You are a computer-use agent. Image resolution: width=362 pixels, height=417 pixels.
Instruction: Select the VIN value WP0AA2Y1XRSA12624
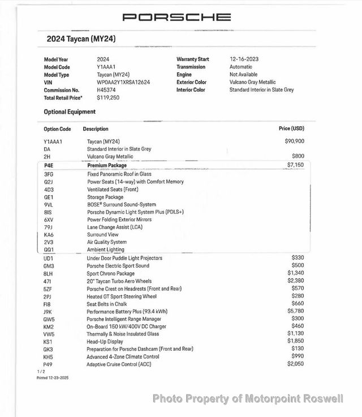pyautogui.click(x=124, y=82)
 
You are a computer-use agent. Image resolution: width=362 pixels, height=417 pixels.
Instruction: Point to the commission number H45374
pyautogui.click(x=107, y=90)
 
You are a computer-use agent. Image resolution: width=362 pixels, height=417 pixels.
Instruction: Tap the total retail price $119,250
pyautogui.click(x=108, y=98)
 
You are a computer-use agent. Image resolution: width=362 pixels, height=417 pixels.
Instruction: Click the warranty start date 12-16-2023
pyautogui.click(x=245, y=59)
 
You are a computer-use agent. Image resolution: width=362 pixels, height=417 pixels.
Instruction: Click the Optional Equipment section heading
pyautogui.click(x=70, y=112)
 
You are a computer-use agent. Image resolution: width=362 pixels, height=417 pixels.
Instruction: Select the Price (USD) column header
pyautogui.click(x=291, y=129)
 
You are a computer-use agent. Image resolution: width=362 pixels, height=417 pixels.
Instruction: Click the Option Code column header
pyautogui.click(x=57, y=130)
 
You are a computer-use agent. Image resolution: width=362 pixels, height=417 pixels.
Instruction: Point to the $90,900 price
pyautogui.click(x=294, y=141)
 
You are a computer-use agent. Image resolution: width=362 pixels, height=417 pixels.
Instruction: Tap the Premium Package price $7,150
pyautogui.click(x=295, y=165)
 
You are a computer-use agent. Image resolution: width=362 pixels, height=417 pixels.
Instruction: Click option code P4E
pyautogui.click(x=49, y=166)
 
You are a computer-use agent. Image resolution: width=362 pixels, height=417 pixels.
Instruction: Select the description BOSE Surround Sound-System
pyautogui.click(x=122, y=205)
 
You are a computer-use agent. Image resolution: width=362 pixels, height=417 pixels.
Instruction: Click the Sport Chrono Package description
pyautogui.click(x=111, y=273)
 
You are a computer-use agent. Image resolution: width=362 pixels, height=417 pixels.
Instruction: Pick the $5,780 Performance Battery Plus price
pyautogui.click(x=295, y=311)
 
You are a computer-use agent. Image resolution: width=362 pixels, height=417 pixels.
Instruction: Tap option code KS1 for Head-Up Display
pyautogui.click(x=48, y=342)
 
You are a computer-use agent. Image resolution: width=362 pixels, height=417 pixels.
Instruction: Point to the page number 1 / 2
pyautogui.click(x=41, y=372)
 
